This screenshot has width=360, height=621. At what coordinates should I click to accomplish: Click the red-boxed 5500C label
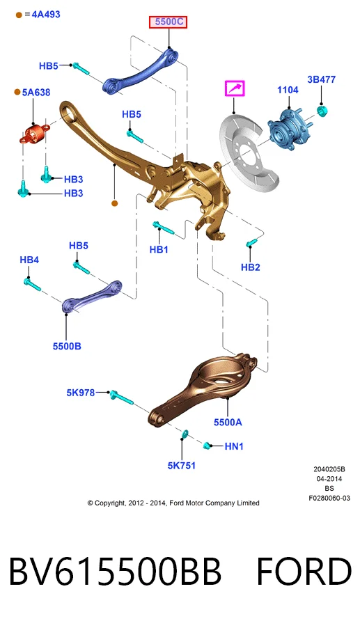[168, 22]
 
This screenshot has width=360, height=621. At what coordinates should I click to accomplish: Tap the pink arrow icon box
[235, 88]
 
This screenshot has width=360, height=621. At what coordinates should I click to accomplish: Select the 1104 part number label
[288, 90]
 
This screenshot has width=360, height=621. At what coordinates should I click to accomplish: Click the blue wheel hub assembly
[288, 128]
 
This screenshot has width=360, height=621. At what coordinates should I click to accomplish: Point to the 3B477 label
[321, 79]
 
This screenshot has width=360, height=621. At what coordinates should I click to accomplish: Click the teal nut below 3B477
[322, 111]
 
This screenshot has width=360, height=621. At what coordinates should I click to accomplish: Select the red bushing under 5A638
[34, 134]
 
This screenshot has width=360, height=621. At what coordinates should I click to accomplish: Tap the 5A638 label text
[36, 93]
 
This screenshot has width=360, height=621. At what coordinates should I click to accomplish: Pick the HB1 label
[159, 249]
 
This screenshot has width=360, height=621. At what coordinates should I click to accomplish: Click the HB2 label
[250, 267]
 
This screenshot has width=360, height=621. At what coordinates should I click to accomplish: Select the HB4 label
[29, 260]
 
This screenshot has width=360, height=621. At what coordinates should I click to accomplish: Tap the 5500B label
[67, 346]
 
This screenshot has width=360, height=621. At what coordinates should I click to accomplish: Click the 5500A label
[228, 422]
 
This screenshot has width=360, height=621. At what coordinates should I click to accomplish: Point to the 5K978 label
[81, 393]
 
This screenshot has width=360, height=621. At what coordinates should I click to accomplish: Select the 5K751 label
[182, 466]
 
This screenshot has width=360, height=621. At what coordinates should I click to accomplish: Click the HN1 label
[234, 446]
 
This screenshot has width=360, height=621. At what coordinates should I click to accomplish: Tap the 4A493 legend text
[46, 15]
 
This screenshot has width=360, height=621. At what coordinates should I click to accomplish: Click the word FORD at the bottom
[304, 572]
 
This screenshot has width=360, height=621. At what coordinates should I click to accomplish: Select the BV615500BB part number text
[115, 572]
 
